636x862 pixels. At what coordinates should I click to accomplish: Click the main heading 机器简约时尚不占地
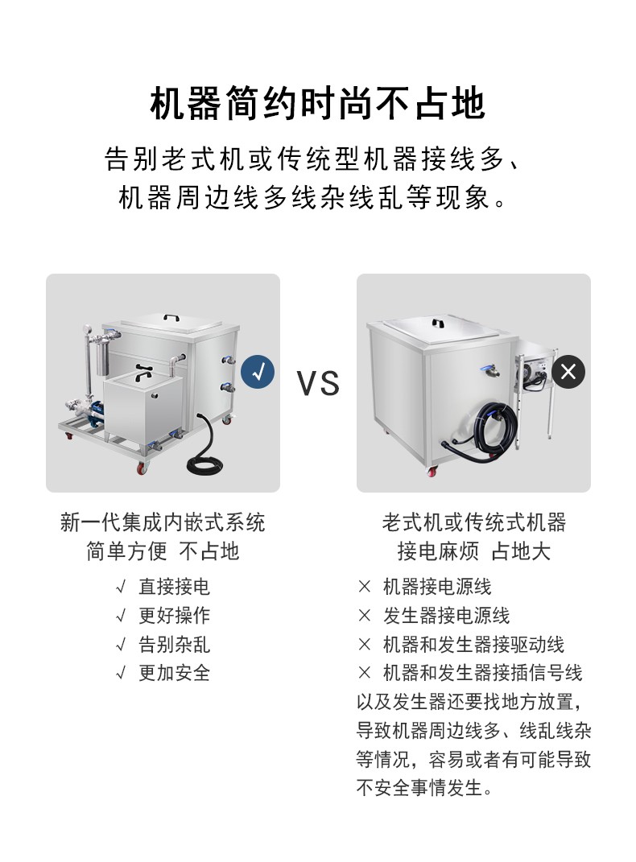(x=318, y=103)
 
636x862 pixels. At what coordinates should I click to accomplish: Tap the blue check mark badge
(x=258, y=372)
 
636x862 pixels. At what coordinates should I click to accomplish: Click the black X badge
(x=568, y=372)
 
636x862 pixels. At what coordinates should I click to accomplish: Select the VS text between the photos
(x=318, y=383)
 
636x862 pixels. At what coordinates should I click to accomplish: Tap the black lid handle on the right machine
(x=438, y=323)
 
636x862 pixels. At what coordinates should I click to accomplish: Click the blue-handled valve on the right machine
(x=489, y=371)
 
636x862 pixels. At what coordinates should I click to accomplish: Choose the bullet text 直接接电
(x=174, y=587)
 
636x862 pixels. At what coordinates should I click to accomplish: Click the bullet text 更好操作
(x=174, y=615)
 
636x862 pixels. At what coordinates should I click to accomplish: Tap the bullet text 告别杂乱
(x=174, y=645)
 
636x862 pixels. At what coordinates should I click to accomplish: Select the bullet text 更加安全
(x=174, y=673)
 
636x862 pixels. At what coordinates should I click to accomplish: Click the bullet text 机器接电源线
(x=437, y=587)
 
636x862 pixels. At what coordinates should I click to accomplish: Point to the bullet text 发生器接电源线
(x=446, y=615)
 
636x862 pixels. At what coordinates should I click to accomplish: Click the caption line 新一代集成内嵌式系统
(x=163, y=522)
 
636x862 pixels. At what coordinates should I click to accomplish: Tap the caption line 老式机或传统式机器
(x=474, y=522)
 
